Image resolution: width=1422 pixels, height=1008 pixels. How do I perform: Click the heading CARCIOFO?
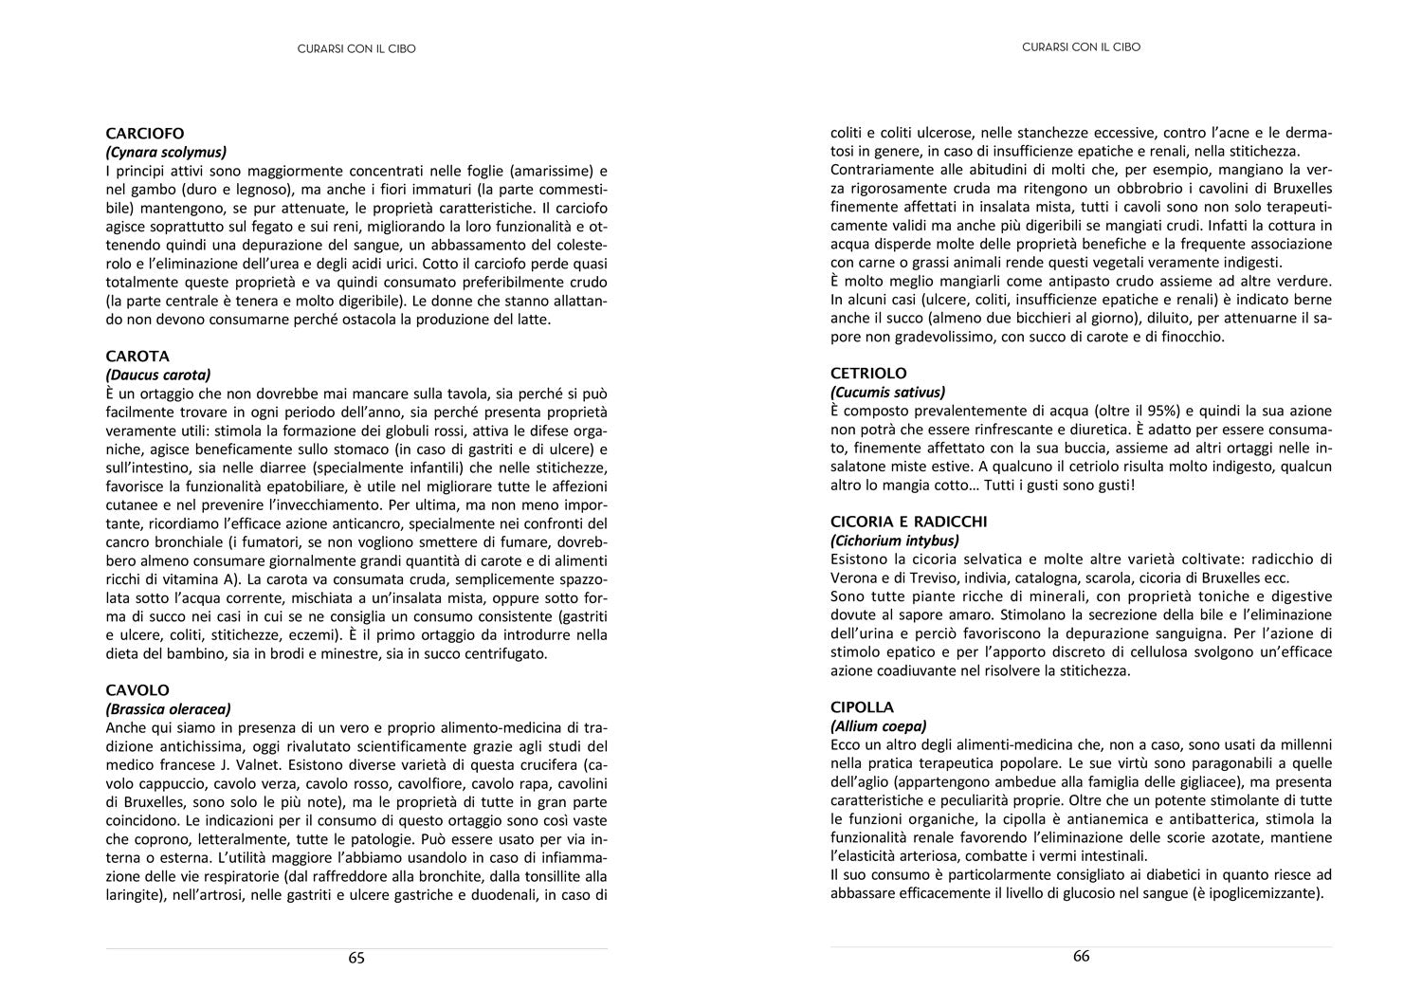click(x=145, y=134)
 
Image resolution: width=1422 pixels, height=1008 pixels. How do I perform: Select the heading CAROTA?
click(x=137, y=357)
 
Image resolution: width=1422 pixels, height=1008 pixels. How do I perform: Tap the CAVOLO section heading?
click(x=137, y=690)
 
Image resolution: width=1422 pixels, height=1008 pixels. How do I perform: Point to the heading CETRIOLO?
click(x=868, y=374)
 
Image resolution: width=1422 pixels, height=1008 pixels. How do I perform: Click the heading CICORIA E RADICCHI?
click(x=908, y=522)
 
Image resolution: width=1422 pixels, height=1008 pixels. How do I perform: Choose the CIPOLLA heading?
click(x=862, y=707)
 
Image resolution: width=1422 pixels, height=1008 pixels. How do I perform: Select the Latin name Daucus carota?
click(x=158, y=375)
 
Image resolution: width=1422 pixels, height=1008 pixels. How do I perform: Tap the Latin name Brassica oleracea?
click(x=169, y=708)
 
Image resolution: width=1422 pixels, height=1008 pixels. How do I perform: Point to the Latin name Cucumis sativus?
click(x=888, y=392)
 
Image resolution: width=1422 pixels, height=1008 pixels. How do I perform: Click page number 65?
click(x=356, y=958)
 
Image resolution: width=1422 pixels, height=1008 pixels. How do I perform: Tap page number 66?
click(x=1082, y=956)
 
